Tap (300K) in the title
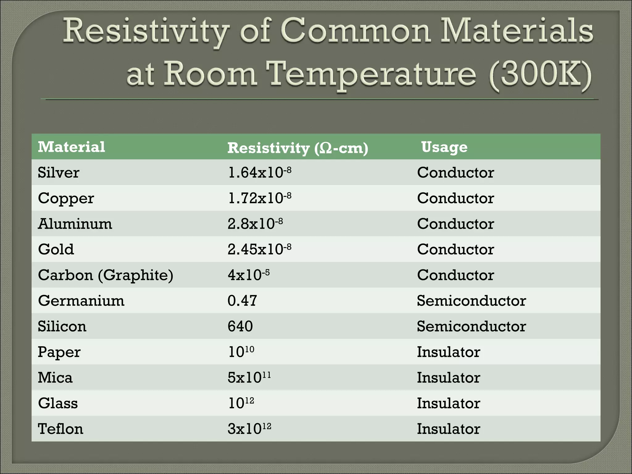(x=540, y=74)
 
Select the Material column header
(x=71, y=147)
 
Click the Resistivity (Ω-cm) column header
(x=297, y=148)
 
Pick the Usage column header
(x=444, y=147)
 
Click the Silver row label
(x=58, y=173)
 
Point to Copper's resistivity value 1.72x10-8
(x=259, y=198)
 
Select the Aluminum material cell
(x=75, y=224)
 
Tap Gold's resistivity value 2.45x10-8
(x=259, y=249)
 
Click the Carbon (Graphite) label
(x=106, y=275)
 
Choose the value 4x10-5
(x=248, y=275)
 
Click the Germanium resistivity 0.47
(x=242, y=301)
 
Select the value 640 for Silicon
(x=240, y=326)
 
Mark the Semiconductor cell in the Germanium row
(x=471, y=301)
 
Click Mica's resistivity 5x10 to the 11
(x=249, y=377)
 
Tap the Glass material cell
(x=58, y=403)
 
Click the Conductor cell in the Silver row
(x=455, y=173)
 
